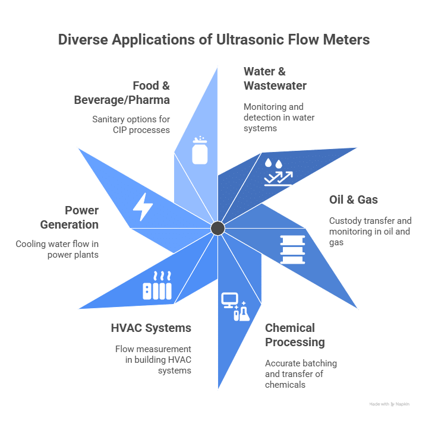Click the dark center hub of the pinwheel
pos(218,228)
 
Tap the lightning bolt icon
pos(143,206)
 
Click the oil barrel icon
pos(291,248)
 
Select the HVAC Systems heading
pos(151,328)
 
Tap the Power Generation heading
pos(81,217)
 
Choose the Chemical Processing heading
pos(295,335)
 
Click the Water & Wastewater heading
pos(275,78)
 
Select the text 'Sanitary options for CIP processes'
pos(131,124)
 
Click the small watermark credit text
pos(389,404)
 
